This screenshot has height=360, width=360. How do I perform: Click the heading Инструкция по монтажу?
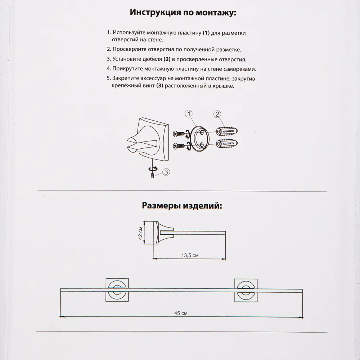click(183, 13)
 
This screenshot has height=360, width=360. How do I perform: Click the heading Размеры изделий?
click(182, 206)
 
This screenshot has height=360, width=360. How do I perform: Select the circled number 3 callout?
click(166, 172)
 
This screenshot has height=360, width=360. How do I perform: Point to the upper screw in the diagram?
click(179, 134)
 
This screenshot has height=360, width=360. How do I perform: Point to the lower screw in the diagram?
click(179, 145)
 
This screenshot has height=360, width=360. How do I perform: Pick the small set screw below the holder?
click(153, 175)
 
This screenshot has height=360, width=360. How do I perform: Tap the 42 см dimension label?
click(141, 233)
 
